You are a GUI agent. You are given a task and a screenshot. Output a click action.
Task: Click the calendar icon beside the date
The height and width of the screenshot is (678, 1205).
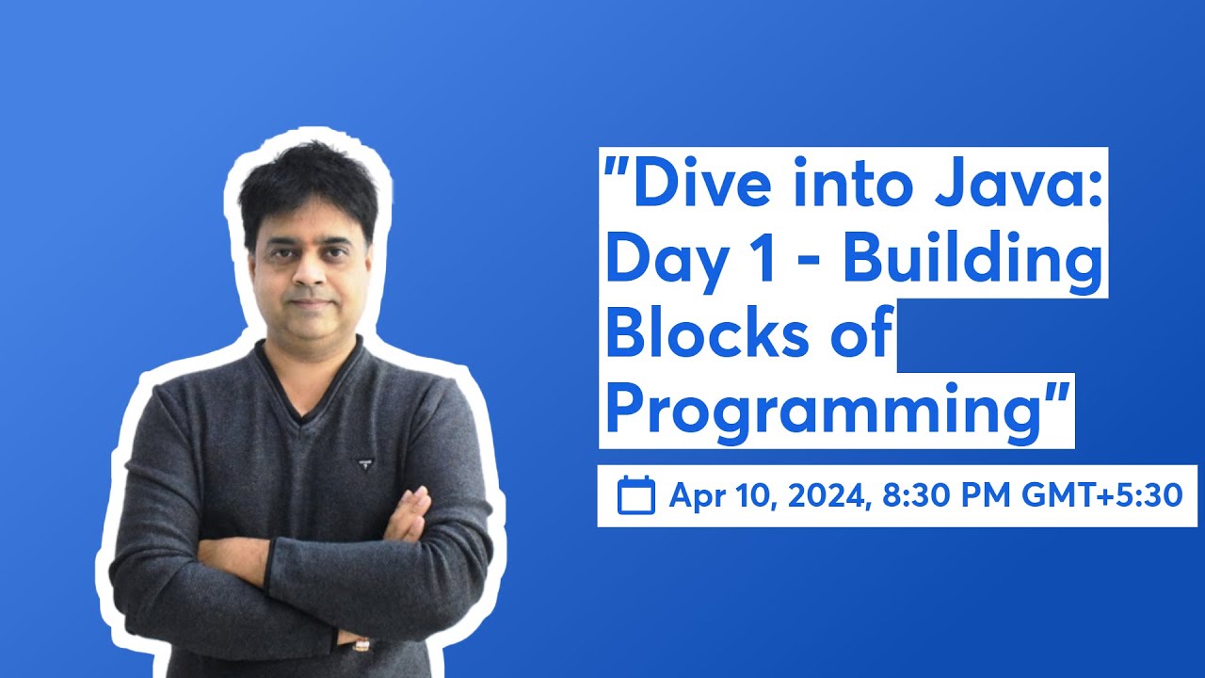click(x=635, y=495)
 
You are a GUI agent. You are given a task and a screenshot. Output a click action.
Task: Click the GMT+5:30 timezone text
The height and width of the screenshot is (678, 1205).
click(x=1101, y=495)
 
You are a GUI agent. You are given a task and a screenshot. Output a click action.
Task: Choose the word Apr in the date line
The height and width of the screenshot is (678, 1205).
click(x=696, y=495)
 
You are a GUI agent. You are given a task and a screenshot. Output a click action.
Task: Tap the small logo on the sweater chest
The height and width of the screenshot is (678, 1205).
click(x=363, y=462)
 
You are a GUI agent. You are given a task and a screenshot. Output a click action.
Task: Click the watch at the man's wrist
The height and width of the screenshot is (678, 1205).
click(x=361, y=644)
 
